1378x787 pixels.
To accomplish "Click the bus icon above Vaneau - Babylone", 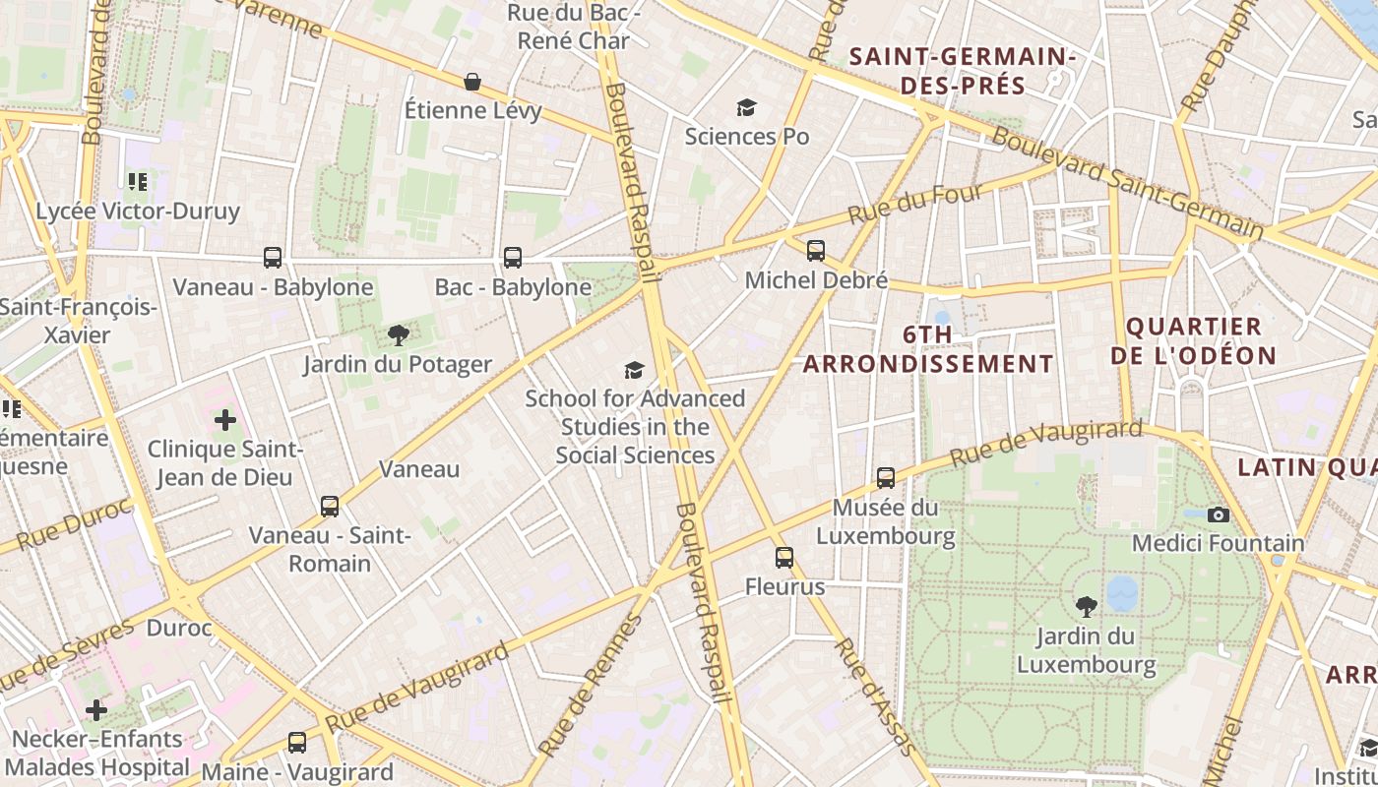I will point(273,258).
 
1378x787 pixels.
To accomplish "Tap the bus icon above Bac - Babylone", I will point(512,258).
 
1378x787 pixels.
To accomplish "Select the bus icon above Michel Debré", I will point(816,251).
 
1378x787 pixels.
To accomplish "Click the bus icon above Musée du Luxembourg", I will point(886,478).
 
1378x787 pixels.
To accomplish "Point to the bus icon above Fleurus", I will point(783,558).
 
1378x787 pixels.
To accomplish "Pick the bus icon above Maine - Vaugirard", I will point(297,743).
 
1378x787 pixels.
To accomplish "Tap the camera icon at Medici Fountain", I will point(1219,515).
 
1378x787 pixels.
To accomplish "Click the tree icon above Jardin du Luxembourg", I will point(1087,607).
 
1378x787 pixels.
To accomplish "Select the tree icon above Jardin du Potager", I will point(398,335).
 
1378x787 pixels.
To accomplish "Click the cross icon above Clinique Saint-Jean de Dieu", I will point(225,421).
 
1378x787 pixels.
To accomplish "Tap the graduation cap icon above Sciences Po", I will point(747,107).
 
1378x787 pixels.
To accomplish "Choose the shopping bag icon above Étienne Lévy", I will point(472,81).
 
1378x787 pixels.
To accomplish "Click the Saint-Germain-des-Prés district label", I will point(963,71).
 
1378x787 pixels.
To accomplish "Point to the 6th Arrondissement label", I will point(928,349).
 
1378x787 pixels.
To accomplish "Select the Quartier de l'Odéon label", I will point(1193,340).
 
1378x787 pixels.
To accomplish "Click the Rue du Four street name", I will point(915,205).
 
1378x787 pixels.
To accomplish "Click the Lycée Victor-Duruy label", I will point(138,212).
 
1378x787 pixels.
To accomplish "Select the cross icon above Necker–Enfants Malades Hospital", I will point(96,709).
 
